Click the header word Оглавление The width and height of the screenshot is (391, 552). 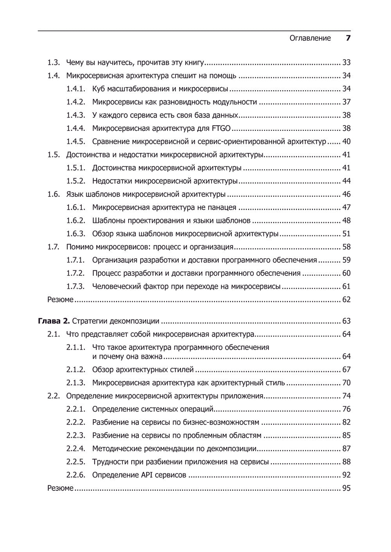pyautogui.click(x=310, y=38)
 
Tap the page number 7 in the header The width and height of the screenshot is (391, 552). pyautogui.click(x=348, y=38)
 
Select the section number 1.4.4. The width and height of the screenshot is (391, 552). pyautogui.click(x=75, y=129)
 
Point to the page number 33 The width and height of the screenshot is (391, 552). pyautogui.click(x=346, y=63)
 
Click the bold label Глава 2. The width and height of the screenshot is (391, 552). pyautogui.click(x=54, y=321)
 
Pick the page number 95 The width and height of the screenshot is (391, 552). pyautogui.click(x=346, y=488)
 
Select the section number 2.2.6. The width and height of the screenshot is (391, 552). pyautogui.click(x=75, y=475)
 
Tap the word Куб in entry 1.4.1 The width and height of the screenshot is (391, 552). pyautogui.click(x=99, y=89)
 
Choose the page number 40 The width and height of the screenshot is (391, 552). pyautogui.click(x=346, y=142)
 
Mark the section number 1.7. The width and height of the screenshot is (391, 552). pyautogui.click(x=54, y=247)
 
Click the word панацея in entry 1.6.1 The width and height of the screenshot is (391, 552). pyautogui.click(x=222, y=207)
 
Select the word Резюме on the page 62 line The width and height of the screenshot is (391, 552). pyautogui.click(x=60, y=300)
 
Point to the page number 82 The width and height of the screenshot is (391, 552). pyautogui.click(x=346, y=422)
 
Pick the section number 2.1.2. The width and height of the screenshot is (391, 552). pyautogui.click(x=75, y=370)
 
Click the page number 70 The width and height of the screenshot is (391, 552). pyautogui.click(x=346, y=383)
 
